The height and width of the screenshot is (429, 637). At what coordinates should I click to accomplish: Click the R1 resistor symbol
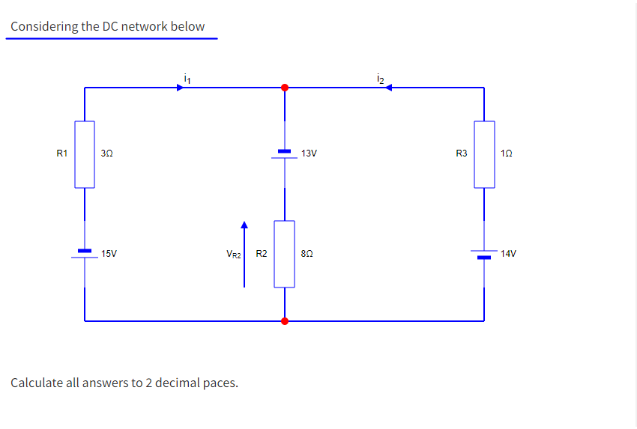tap(85, 154)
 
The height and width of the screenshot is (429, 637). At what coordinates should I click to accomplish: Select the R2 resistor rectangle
tap(284, 254)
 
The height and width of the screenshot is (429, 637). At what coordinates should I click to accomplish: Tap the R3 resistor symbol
tap(484, 154)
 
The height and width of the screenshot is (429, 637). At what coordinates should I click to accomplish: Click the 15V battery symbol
tap(85, 254)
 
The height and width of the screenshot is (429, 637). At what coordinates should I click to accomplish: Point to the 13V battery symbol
tap(284, 154)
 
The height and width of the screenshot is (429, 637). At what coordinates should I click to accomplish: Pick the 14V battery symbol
tap(484, 255)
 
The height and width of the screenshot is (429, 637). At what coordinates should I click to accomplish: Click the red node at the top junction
tap(284, 88)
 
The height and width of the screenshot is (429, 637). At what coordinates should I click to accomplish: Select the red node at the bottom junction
tap(284, 321)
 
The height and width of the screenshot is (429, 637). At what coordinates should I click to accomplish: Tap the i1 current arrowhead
tap(180, 88)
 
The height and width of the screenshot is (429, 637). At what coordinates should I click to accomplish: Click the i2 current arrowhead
tap(390, 88)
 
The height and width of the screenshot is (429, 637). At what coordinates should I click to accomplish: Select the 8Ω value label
tap(307, 254)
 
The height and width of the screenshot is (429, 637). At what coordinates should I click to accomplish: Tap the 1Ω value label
tap(507, 153)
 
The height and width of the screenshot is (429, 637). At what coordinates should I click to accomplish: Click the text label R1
tap(62, 153)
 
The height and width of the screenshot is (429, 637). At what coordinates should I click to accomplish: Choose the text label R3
tap(462, 153)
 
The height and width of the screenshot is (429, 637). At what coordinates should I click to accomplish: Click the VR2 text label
tap(233, 255)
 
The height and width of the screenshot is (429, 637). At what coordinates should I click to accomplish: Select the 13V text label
tap(309, 153)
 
